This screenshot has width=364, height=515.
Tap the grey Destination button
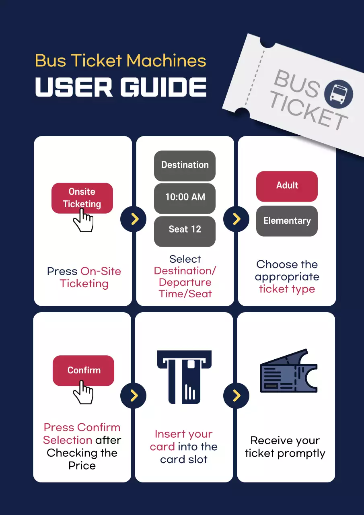click(x=185, y=165)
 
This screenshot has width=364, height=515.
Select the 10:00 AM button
click(x=185, y=198)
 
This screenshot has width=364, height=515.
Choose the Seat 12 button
click(x=185, y=230)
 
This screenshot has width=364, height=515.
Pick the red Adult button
click(x=287, y=186)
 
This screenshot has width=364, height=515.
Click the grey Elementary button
click(x=287, y=221)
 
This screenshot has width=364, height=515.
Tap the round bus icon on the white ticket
click(x=338, y=94)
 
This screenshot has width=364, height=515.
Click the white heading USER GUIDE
click(x=121, y=87)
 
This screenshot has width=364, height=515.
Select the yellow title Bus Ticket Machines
click(x=121, y=61)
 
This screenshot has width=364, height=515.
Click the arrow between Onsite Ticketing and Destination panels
click(x=134, y=219)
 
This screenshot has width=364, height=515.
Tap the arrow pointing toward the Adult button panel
click(x=236, y=219)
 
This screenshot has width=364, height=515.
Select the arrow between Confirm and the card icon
click(x=134, y=396)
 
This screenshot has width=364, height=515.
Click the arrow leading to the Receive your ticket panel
click(x=236, y=396)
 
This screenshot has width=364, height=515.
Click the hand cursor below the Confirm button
click(x=84, y=393)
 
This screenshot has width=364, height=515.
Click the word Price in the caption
click(x=82, y=466)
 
